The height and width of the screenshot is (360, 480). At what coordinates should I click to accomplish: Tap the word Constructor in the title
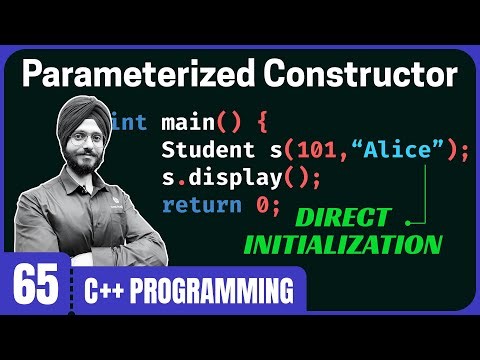click(x=346, y=74)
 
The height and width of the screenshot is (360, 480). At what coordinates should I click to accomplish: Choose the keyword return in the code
click(x=194, y=207)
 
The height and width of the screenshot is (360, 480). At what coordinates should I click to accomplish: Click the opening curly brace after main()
click(x=261, y=123)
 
